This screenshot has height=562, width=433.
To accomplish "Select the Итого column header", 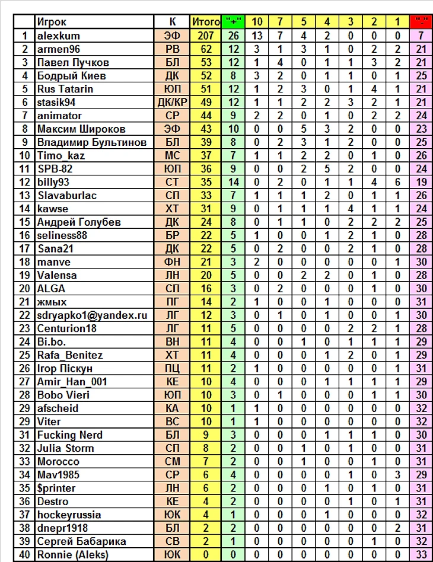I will [206, 22].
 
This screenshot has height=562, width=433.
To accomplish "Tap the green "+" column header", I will [233, 22].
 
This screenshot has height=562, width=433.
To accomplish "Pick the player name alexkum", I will [58, 36].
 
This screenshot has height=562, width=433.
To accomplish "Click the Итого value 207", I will [206, 36].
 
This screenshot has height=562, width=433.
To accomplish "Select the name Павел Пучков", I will [73, 62].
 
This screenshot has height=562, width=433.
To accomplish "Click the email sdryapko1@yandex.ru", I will [92, 315].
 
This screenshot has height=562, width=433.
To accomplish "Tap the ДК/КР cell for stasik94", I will [172, 102].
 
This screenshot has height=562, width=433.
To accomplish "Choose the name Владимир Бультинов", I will [92, 142].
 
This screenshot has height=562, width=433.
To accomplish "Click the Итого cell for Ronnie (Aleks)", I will [206, 554].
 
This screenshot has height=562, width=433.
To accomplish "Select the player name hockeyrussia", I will [69, 515].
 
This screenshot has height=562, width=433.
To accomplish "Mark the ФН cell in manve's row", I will [172, 261].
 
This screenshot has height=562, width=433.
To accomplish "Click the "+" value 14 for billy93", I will [233, 182].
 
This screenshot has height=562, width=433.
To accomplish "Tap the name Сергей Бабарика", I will [81, 541].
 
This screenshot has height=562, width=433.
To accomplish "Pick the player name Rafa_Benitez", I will [70, 355].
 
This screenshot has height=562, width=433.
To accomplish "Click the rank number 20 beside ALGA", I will [24, 288].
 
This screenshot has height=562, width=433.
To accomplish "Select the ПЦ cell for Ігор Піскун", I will [172, 368].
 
